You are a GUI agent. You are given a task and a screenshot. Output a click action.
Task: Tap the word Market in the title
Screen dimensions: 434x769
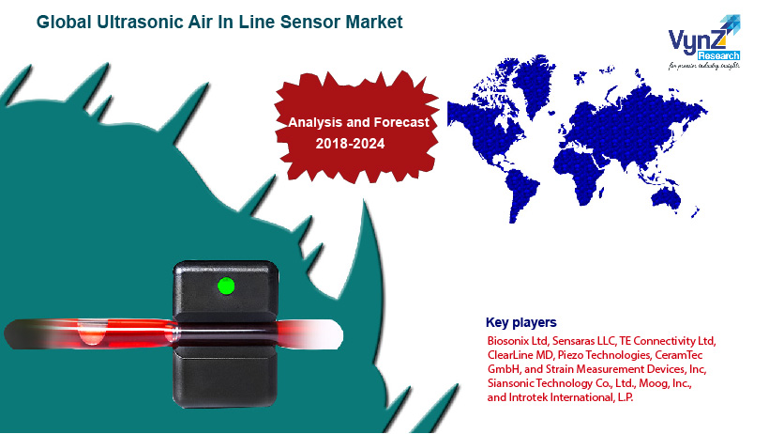pos(371,21)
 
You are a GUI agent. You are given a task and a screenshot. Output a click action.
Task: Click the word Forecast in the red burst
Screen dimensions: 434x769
pos(396,122)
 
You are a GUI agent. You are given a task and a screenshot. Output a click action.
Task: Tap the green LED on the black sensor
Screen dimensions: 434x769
pos(225,285)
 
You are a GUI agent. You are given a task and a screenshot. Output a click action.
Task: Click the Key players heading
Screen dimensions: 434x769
pos(520,322)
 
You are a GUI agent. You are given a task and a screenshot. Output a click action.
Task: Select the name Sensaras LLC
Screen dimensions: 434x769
pos(582,339)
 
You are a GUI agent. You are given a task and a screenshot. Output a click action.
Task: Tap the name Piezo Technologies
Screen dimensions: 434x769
pos(603,354)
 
